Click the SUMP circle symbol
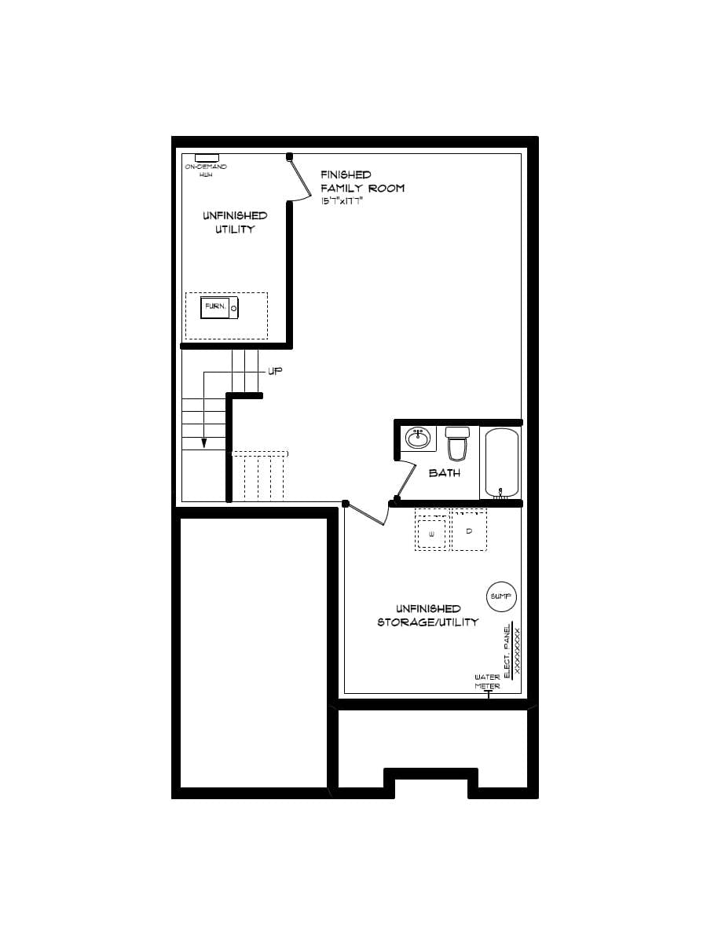(500, 596)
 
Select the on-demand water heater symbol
(206, 158)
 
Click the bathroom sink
(418, 437)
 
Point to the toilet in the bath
(456, 445)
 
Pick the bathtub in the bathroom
(501, 463)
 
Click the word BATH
(444, 473)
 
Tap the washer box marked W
(431, 534)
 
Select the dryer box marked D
(469, 532)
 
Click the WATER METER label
(487, 681)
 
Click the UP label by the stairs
(275, 371)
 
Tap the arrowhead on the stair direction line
(203, 443)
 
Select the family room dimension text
(341, 201)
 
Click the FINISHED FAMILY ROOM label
(362, 182)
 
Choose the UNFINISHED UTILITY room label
(234, 222)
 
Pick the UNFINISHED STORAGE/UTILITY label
(428, 615)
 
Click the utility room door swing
(299, 179)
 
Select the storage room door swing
(368, 515)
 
